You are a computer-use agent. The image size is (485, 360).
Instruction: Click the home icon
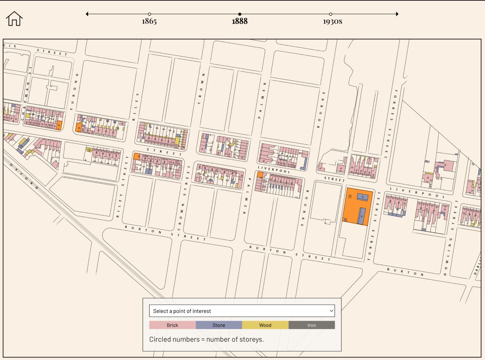(14, 18)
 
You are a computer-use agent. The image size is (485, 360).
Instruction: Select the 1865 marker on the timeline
(149, 14)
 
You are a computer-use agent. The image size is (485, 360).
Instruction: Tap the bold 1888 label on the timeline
(240, 21)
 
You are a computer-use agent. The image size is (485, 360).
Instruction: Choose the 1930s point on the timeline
(330, 14)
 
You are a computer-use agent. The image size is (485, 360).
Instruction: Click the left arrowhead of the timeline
(87, 14)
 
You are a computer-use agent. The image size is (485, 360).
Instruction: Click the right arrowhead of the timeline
(397, 14)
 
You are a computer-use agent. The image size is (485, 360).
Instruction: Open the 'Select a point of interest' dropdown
(242, 311)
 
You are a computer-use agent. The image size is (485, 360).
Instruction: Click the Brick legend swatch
(172, 325)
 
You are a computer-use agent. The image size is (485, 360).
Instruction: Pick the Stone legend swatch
(219, 325)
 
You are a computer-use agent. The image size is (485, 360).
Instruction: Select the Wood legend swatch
(265, 325)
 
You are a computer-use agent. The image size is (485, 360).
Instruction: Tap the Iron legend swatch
(311, 325)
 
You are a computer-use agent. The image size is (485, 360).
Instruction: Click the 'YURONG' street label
(74, 91)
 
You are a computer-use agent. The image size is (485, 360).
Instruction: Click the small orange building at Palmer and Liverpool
(260, 175)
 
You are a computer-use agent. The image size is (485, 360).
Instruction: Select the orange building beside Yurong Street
(78, 127)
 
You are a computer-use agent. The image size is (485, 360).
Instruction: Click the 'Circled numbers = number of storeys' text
(206, 339)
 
